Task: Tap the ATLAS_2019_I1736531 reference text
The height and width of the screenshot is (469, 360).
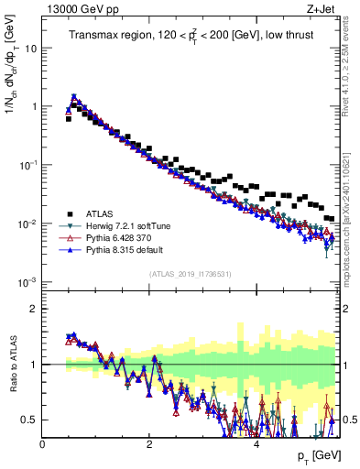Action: click(x=190, y=274)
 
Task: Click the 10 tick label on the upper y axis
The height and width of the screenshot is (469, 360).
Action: click(x=29, y=48)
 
